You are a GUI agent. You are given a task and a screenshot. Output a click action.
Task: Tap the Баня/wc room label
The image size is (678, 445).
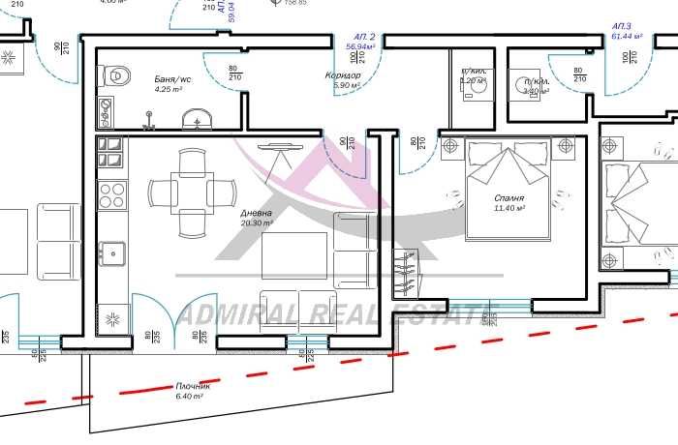click(x=173, y=79)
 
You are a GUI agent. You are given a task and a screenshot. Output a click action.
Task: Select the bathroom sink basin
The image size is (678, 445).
click(x=198, y=119)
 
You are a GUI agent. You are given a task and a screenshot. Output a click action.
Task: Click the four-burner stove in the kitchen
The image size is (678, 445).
click(x=113, y=194)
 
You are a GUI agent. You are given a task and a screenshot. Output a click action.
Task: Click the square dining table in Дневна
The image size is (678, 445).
click(x=191, y=192)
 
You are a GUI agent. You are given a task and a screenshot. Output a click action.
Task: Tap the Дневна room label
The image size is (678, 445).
click(x=257, y=213)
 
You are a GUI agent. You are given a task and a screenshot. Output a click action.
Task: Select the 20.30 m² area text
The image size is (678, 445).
click(x=257, y=222)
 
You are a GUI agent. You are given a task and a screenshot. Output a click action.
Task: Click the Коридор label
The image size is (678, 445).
click(x=343, y=75)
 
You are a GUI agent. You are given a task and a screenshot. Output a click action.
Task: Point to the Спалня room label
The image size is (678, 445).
click(x=509, y=197)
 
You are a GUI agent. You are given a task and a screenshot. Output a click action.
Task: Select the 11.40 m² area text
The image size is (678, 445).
click(x=509, y=208)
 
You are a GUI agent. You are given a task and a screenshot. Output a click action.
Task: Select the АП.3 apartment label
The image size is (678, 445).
click(x=622, y=26)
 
